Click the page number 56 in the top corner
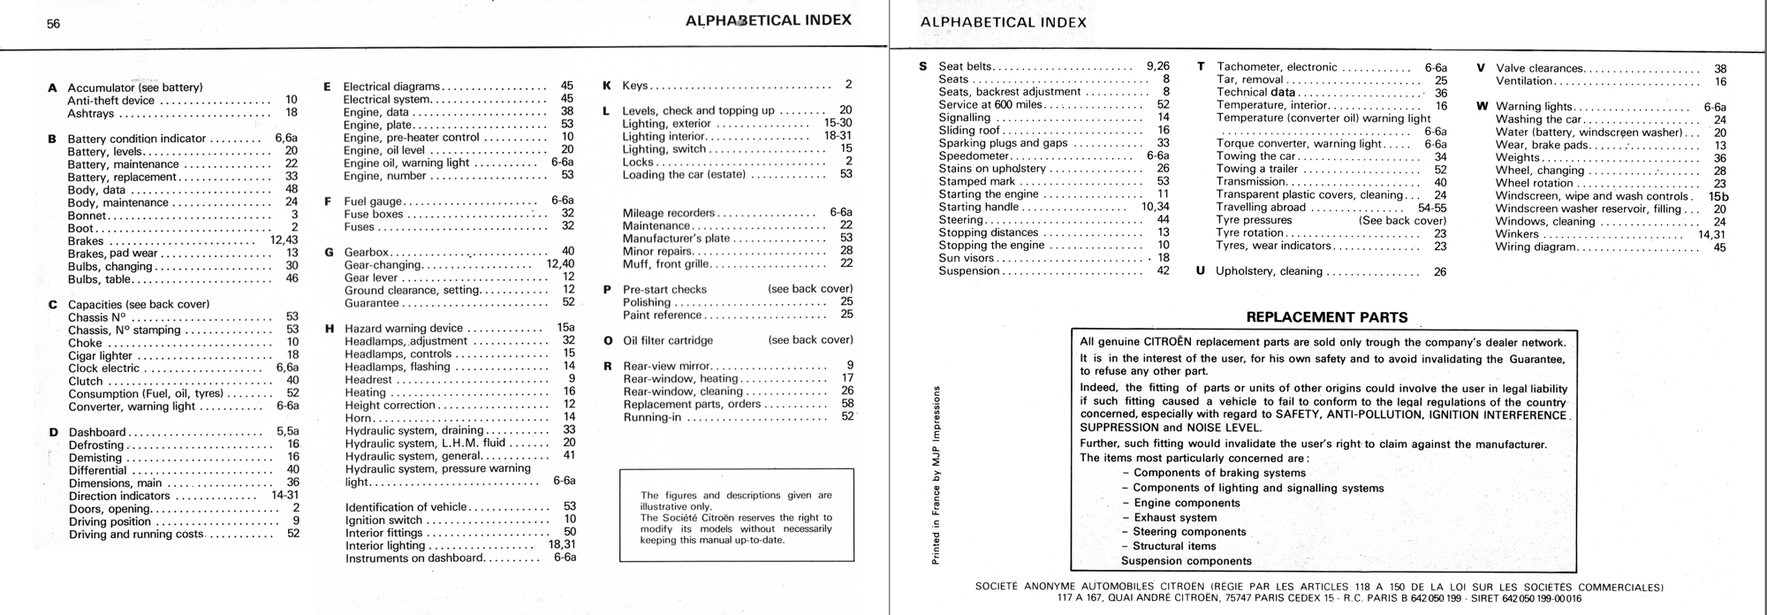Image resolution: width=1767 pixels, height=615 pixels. pyautogui.click(x=54, y=24)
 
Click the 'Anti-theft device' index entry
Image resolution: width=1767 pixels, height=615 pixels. pyautogui.click(x=111, y=101)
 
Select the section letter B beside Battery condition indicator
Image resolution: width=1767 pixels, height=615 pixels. pyautogui.click(x=52, y=139)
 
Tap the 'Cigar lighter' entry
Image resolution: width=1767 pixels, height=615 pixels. pyautogui.click(x=100, y=356)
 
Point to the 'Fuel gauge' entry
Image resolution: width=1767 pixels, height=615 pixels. pyautogui.click(x=373, y=201)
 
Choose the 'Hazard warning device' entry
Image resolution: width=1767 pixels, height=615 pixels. pyautogui.click(x=404, y=329)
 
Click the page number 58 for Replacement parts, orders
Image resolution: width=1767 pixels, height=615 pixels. pyautogui.click(x=847, y=404)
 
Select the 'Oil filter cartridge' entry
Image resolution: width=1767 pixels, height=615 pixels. pyautogui.click(x=668, y=340)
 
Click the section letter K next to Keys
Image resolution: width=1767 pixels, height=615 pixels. pyautogui.click(x=607, y=86)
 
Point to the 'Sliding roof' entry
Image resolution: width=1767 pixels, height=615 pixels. pyautogui.click(x=969, y=130)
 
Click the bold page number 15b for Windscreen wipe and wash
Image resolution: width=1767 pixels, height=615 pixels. pyautogui.click(x=1718, y=196)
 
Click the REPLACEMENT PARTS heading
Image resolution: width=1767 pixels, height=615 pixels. pyautogui.click(x=1326, y=317)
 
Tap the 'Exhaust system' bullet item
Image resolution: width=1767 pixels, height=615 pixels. pyautogui.click(x=1175, y=518)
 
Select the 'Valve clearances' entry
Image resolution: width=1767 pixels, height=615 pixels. pyautogui.click(x=1538, y=68)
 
